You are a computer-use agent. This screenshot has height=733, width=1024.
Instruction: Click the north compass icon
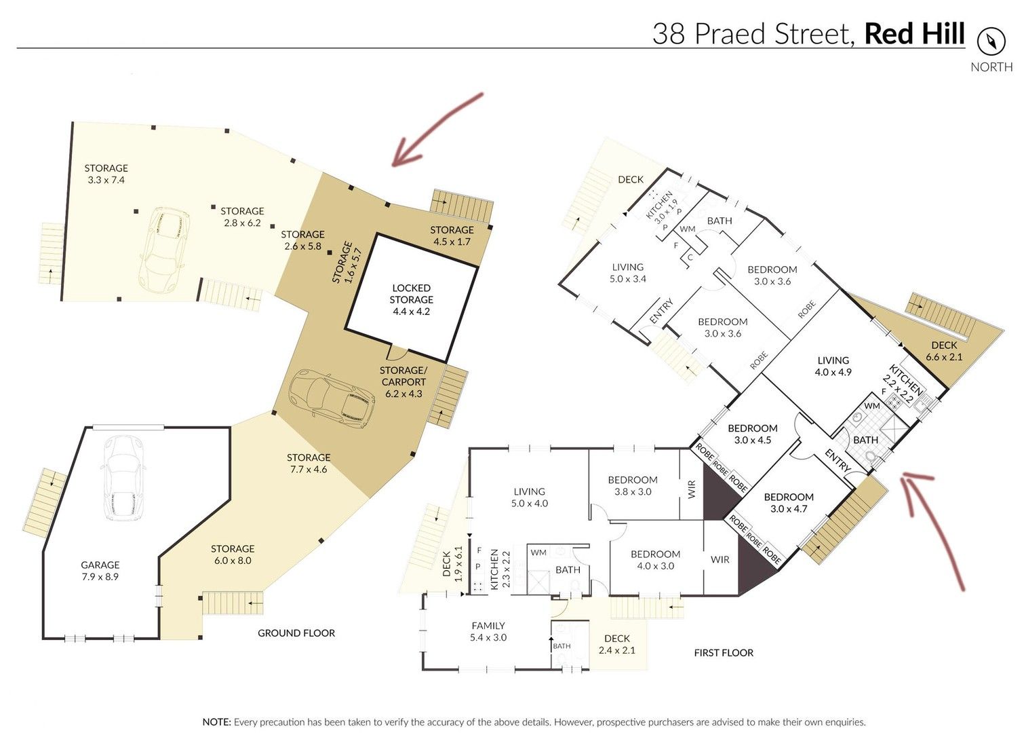991,41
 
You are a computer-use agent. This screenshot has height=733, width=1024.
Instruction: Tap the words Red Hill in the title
914,34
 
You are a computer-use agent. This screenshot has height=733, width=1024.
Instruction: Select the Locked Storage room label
411,299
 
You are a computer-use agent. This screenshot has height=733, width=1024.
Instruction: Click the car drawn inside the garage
123,478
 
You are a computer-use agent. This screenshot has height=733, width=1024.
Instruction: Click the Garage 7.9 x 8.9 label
100,571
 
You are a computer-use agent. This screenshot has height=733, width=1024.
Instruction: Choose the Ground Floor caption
296,633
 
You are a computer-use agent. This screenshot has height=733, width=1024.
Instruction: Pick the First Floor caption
724,653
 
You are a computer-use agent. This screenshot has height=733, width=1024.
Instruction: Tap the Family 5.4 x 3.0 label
488,632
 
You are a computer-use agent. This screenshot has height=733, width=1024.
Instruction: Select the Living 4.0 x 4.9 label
833,366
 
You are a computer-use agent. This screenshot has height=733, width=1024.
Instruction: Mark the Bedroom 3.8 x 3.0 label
633,486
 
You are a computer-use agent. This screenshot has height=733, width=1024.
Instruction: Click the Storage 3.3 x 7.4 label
106,174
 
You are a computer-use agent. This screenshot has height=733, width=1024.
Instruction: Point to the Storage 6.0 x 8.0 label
232,555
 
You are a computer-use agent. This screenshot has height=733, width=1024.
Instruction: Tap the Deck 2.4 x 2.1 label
616,644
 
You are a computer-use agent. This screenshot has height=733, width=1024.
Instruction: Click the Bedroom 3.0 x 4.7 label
789,503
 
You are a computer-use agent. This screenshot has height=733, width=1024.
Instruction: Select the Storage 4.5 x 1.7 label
452,236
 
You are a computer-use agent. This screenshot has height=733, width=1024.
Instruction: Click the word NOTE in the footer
216,722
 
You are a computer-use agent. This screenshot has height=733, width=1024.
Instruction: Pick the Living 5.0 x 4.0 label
529,497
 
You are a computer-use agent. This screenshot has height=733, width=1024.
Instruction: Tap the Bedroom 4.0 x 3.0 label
655,560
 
